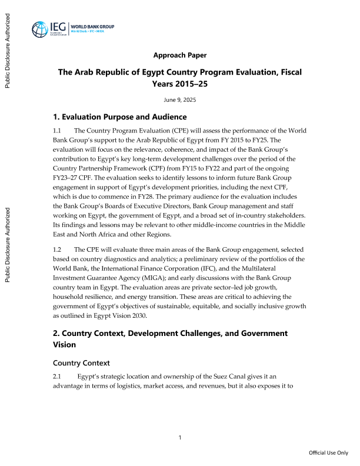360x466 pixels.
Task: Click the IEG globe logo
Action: [42, 29]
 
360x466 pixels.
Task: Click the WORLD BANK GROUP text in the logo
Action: [92, 26]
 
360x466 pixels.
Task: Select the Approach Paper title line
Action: [179, 55]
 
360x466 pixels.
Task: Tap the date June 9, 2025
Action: [179, 100]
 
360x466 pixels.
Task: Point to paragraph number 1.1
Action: [58, 130]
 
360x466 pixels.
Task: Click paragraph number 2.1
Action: [58, 377]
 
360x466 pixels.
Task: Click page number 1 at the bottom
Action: [180, 437]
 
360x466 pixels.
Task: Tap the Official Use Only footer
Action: [329, 453]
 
